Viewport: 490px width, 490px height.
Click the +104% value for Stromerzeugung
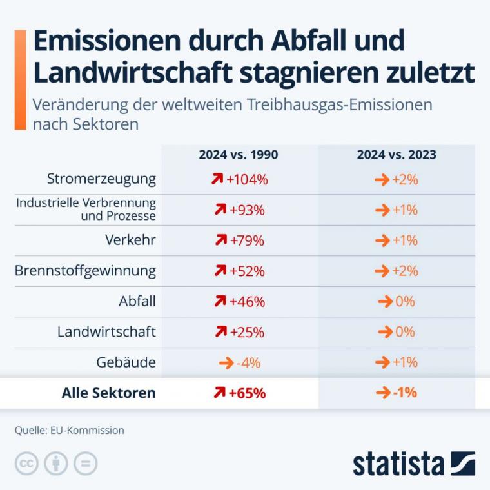(x=247, y=180)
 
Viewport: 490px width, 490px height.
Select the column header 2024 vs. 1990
(x=239, y=155)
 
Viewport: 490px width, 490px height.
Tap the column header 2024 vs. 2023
(x=397, y=155)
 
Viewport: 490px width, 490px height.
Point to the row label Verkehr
(x=130, y=240)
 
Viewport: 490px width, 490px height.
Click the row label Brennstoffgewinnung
(x=85, y=271)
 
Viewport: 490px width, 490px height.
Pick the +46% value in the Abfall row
(x=247, y=302)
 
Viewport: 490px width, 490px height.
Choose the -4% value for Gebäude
(x=248, y=363)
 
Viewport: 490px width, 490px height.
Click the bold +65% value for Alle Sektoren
(x=247, y=393)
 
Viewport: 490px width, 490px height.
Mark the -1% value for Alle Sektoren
(x=405, y=393)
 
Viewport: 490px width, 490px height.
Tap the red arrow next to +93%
(x=220, y=210)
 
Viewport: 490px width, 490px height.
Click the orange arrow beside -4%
(x=226, y=363)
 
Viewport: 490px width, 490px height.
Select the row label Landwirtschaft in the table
(x=106, y=331)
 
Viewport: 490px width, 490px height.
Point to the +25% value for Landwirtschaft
(x=247, y=332)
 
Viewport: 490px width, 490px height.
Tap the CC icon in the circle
(x=26, y=464)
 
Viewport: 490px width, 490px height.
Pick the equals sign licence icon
(x=85, y=464)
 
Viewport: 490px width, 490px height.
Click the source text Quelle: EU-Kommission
(x=70, y=430)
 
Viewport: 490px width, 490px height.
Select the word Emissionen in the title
(x=107, y=41)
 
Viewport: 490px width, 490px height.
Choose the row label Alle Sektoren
(x=108, y=393)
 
